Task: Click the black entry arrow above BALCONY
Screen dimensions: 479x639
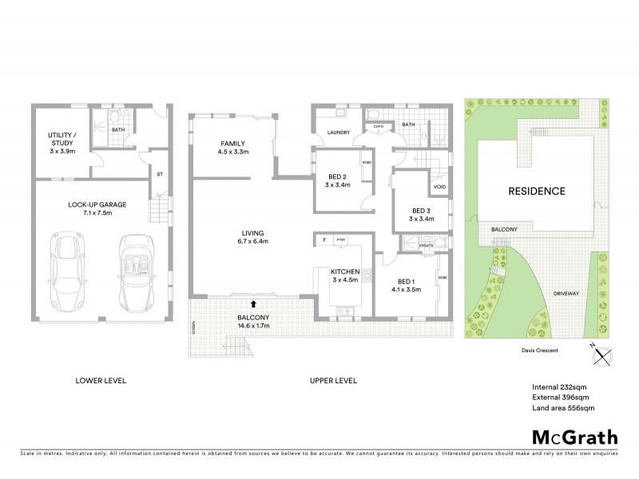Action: (x=254, y=304)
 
